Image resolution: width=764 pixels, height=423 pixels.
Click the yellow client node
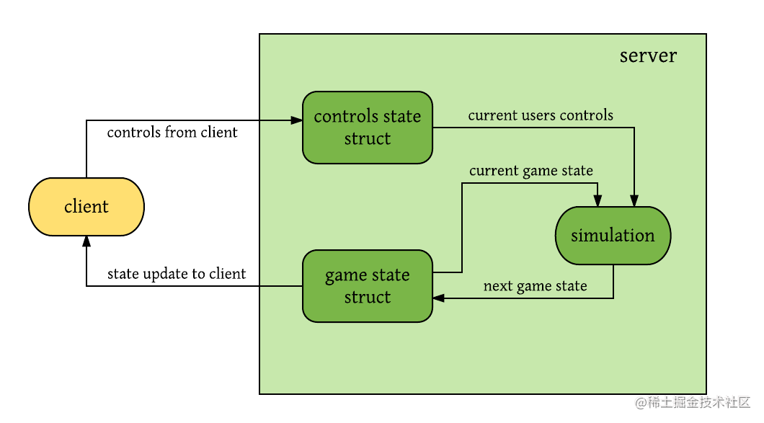pyautogui.click(x=86, y=207)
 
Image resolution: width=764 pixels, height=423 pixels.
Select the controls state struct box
pyautogui.click(x=368, y=128)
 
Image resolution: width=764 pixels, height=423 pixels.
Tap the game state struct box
pyautogui.click(x=368, y=286)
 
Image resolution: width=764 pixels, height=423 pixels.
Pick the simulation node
pyautogui.click(x=613, y=236)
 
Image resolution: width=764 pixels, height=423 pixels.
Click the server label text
pyautogui.click(x=648, y=56)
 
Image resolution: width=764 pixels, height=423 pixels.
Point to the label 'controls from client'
pyautogui.click(x=172, y=132)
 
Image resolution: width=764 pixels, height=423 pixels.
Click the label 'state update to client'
pyautogui.click(x=177, y=274)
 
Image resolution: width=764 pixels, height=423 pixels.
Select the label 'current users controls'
pyautogui.click(x=541, y=115)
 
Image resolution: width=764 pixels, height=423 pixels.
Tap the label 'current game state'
pyautogui.click(x=531, y=171)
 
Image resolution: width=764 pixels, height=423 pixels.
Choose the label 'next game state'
pyautogui.click(x=535, y=286)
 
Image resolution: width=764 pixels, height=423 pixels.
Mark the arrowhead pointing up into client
pyautogui.click(x=86, y=241)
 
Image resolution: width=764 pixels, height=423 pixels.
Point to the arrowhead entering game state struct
pyautogui.click(x=438, y=298)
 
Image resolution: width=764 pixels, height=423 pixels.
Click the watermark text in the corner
pyautogui.click(x=693, y=402)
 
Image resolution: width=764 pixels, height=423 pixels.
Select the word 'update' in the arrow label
pyautogui.click(x=166, y=274)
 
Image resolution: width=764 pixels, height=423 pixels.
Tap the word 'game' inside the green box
pyautogui.click(x=343, y=276)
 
